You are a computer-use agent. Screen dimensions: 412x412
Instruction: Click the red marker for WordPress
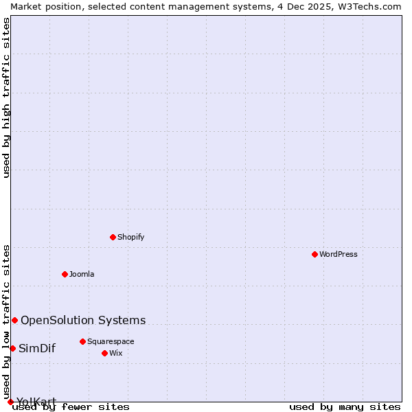click(314, 254)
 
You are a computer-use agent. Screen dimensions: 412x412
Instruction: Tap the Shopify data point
click(113, 237)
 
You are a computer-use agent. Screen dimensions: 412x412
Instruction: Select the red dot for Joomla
click(65, 274)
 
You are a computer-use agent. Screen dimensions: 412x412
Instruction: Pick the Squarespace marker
click(82, 341)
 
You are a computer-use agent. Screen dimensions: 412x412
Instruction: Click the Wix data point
click(104, 353)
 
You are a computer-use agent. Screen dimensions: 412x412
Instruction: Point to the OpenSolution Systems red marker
click(14, 320)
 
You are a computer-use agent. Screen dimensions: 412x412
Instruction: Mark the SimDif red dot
click(12, 348)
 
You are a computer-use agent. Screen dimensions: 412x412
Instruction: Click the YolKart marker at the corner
click(10, 402)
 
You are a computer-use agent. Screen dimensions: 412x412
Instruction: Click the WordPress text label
click(339, 254)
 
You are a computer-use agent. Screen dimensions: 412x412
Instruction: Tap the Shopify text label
click(130, 237)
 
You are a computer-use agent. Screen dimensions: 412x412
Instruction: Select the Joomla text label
click(82, 274)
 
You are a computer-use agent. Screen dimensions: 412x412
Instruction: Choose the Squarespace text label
click(111, 341)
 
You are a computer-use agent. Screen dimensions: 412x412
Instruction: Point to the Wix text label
click(116, 353)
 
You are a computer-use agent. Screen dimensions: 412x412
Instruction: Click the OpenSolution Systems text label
click(83, 320)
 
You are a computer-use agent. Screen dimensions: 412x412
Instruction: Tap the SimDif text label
click(37, 348)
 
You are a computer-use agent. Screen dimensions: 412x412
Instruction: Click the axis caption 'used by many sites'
click(345, 407)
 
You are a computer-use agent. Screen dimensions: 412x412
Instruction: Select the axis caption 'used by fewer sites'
click(71, 407)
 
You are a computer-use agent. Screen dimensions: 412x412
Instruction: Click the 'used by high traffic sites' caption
click(6, 98)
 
